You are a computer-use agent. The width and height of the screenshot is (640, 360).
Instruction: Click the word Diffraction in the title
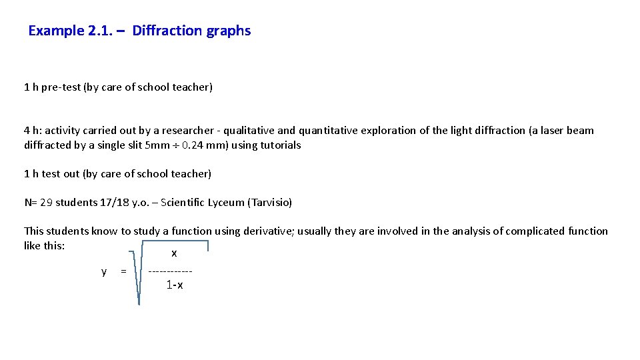167,31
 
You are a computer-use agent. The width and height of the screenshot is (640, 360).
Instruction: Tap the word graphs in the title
229,31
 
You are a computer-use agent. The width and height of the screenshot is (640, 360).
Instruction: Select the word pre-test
61,87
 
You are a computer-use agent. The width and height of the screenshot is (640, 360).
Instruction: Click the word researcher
183,131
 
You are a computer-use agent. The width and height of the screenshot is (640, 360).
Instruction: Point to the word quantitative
329,131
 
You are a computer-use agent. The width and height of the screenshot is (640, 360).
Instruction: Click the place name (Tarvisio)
269,203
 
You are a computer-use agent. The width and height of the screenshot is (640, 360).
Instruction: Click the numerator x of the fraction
174,253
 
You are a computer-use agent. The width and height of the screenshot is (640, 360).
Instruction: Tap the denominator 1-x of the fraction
175,285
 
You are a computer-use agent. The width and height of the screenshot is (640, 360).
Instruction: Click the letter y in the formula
103,271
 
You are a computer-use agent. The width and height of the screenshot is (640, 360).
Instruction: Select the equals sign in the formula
123,271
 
